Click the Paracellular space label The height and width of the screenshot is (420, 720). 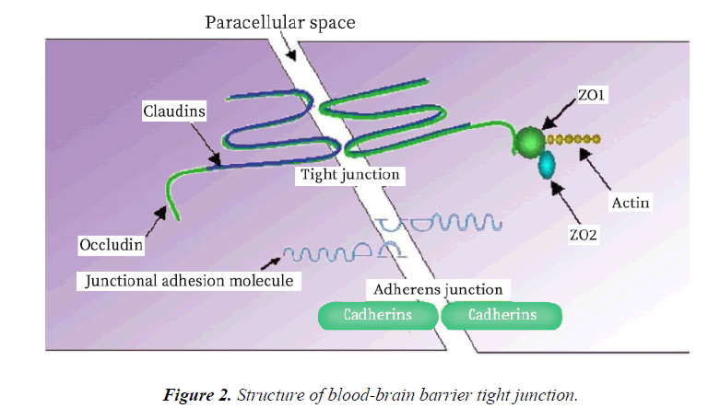(x=279, y=21)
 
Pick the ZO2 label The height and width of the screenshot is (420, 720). (x=584, y=235)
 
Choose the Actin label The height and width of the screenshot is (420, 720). (x=631, y=202)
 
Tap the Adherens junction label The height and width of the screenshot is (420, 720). (x=437, y=289)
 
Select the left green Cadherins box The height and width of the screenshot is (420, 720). (x=377, y=315)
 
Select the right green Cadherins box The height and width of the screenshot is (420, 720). (x=502, y=315)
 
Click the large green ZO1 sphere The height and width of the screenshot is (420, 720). (x=529, y=140)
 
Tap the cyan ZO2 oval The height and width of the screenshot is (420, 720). (x=548, y=165)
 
